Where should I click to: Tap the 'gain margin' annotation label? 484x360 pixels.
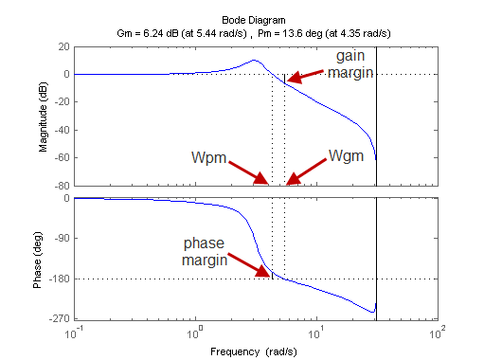351,64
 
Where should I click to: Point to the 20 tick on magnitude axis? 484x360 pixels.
62,46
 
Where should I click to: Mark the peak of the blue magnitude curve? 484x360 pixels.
254,61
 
